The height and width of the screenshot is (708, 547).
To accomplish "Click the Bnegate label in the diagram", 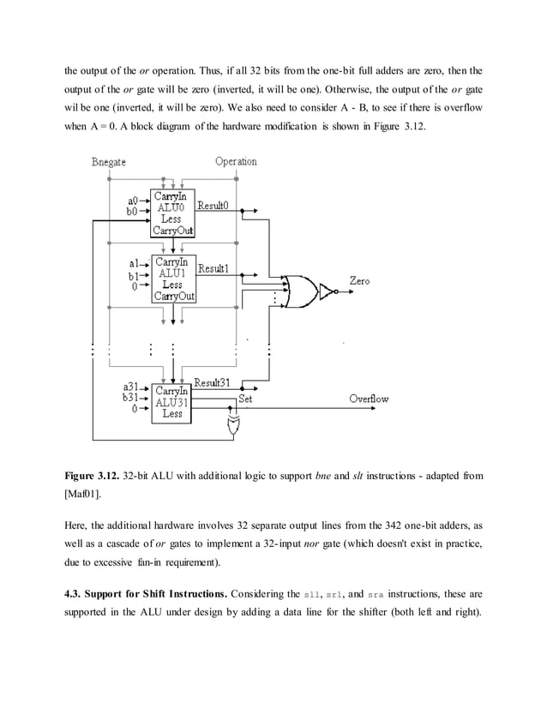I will tap(109, 162).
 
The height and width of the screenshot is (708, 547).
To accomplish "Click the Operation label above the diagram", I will tap(236, 161).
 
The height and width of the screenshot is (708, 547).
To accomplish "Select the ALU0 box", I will tap(172, 213).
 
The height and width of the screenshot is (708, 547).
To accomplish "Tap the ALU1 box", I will tap(172, 279).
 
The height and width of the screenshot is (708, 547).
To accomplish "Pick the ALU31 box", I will tap(172, 402).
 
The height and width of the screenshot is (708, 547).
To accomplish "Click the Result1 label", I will tap(213, 269).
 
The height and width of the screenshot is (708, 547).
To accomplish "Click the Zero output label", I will tap(360, 281).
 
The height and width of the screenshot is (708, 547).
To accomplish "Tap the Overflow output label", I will tap(369, 399).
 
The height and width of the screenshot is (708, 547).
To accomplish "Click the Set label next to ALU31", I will tap(245, 399).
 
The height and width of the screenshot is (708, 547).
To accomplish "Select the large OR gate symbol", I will tap(298, 292).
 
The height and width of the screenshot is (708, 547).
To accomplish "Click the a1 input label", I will tap(133, 264).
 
